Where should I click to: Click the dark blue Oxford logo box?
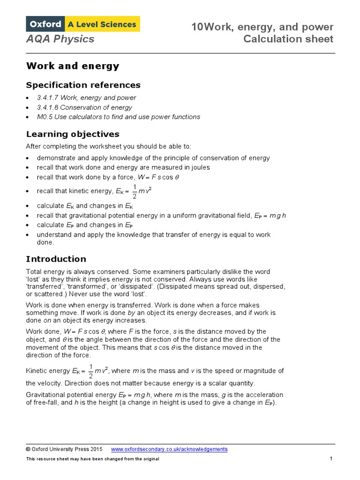click(46, 24)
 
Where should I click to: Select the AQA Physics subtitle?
click(60, 39)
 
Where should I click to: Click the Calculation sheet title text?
click(288, 39)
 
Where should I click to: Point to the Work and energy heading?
click(73, 66)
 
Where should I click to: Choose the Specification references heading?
click(83, 85)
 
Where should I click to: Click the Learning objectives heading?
click(73, 134)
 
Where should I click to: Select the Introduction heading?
click(56, 259)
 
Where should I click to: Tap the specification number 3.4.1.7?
click(47, 98)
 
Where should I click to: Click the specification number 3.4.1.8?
click(47, 107)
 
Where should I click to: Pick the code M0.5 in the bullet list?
click(45, 117)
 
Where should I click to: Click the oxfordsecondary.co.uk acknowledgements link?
click(169, 449)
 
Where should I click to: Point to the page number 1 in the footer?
click(331, 458)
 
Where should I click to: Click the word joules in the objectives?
click(199, 167)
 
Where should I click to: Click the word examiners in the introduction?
click(172, 272)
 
